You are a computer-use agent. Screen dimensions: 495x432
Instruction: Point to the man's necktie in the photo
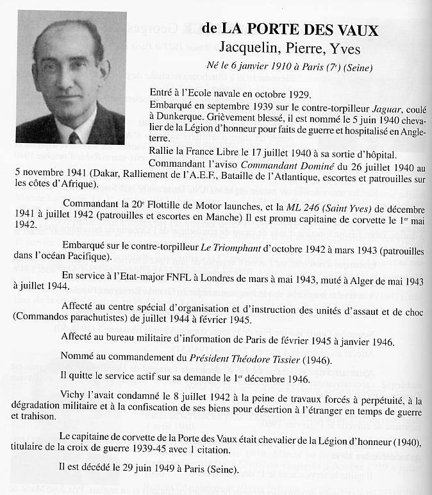point(74,138)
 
